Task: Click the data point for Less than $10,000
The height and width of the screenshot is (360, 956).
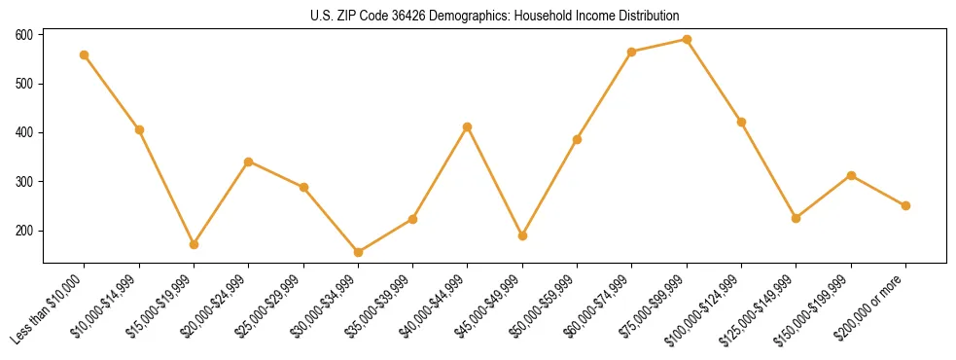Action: [85, 54]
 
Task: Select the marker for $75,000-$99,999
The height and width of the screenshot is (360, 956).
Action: [687, 40]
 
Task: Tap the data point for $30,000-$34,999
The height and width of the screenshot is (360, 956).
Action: [358, 252]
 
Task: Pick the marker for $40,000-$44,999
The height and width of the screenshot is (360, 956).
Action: [468, 126]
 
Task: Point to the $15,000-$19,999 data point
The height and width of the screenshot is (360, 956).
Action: [194, 244]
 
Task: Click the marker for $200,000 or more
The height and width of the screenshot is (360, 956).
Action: [905, 205]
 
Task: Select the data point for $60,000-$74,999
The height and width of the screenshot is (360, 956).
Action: [632, 52]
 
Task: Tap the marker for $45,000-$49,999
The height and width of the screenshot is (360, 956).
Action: [522, 235]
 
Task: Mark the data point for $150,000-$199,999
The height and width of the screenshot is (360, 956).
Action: [851, 175]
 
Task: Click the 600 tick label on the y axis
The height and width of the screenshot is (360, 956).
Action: [24, 35]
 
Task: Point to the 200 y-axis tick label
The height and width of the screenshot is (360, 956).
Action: [24, 231]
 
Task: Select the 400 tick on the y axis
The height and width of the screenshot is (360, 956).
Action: [24, 132]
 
